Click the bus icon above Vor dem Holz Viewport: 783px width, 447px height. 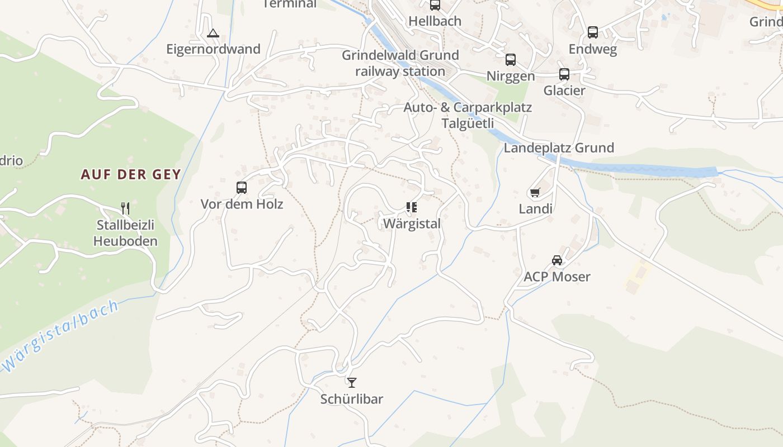coord(242,188)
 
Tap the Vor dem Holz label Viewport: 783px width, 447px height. coord(242,204)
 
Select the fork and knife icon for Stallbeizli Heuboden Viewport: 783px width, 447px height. coord(125,208)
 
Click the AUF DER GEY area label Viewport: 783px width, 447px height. coord(131,174)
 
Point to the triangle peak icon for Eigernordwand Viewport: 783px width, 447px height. coord(213,33)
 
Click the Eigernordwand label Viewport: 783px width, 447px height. coord(213,49)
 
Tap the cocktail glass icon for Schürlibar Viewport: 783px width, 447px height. coord(351,382)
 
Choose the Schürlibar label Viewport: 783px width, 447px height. coord(351,399)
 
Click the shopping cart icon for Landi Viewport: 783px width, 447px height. coord(535,193)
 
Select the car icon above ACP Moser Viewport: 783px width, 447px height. coord(557,260)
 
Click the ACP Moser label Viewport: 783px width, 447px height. coord(557,277)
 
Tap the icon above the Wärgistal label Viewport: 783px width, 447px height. coord(412,208)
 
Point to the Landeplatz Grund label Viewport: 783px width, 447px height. coord(559,148)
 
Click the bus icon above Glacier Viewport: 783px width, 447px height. coord(564,74)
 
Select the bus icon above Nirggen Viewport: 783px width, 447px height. coord(511,60)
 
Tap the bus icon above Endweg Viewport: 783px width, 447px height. coord(593,32)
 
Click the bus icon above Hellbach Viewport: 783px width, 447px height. coord(435,5)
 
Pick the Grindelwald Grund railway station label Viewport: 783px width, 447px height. coord(400,63)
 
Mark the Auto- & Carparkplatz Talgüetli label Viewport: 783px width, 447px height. coord(468,115)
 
